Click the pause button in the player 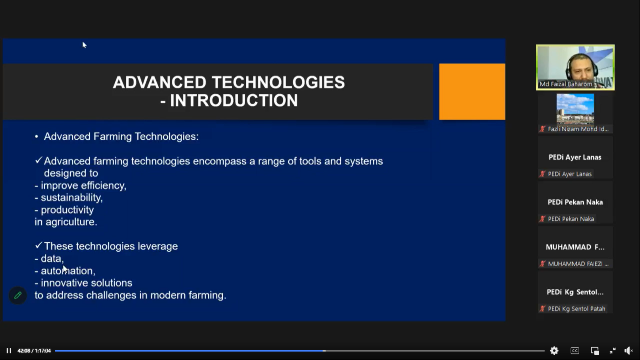[x=9, y=351]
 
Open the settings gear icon [x=554, y=351]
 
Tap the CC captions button [x=574, y=351]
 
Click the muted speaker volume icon [x=628, y=351]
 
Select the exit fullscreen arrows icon [x=612, y=351]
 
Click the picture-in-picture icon [x=595, y=351]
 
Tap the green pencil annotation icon [x=18, y=295]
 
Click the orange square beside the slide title [x=472, y=91]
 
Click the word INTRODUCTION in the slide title [x=234, y=100]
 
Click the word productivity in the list [x=67, y=210]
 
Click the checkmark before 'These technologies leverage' [x=38, y=246]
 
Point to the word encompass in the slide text [x=220, y=161]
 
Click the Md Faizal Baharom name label [x=566, y=84]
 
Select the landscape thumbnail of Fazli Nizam [x=575, y=109]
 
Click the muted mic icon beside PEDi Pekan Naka [x=542, y=219]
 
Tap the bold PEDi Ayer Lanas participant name [x=575, y=157]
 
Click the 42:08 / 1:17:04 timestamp [x=34, y=351]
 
